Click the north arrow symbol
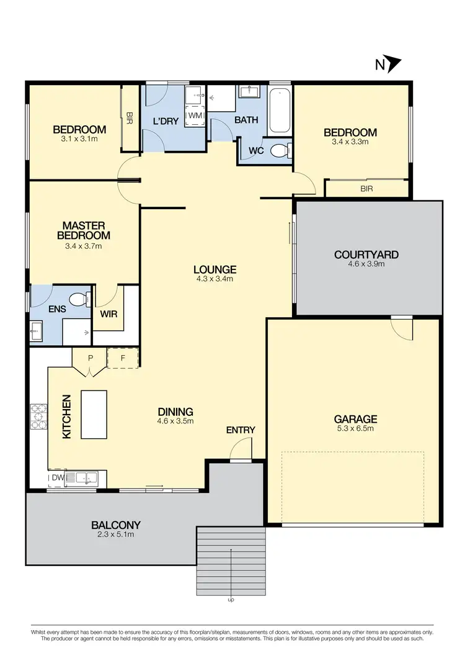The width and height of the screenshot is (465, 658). (x=394, y=65)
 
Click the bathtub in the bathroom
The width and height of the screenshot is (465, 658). (x=280, y=111)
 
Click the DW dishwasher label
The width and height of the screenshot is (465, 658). (x=57, y=478)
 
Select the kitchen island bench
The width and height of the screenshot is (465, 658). (x=94, y=414)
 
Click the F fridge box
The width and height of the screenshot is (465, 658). (x=123, y=358)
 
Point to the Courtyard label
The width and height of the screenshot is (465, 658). (x=366, y=255)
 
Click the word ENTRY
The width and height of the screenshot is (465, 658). (x=241, y=430)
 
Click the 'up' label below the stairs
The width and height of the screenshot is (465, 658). (x=231, y=600)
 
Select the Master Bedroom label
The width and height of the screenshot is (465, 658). (x=84, y=230)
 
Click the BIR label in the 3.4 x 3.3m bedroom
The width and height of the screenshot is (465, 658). (x=366, y=189)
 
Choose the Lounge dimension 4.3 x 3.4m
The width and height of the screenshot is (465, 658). (x=215, y=279)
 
